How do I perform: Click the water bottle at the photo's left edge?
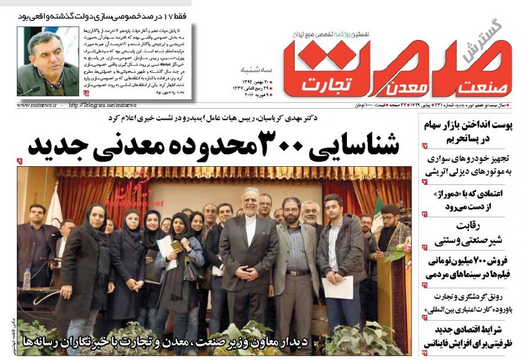(x=26, y=279)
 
